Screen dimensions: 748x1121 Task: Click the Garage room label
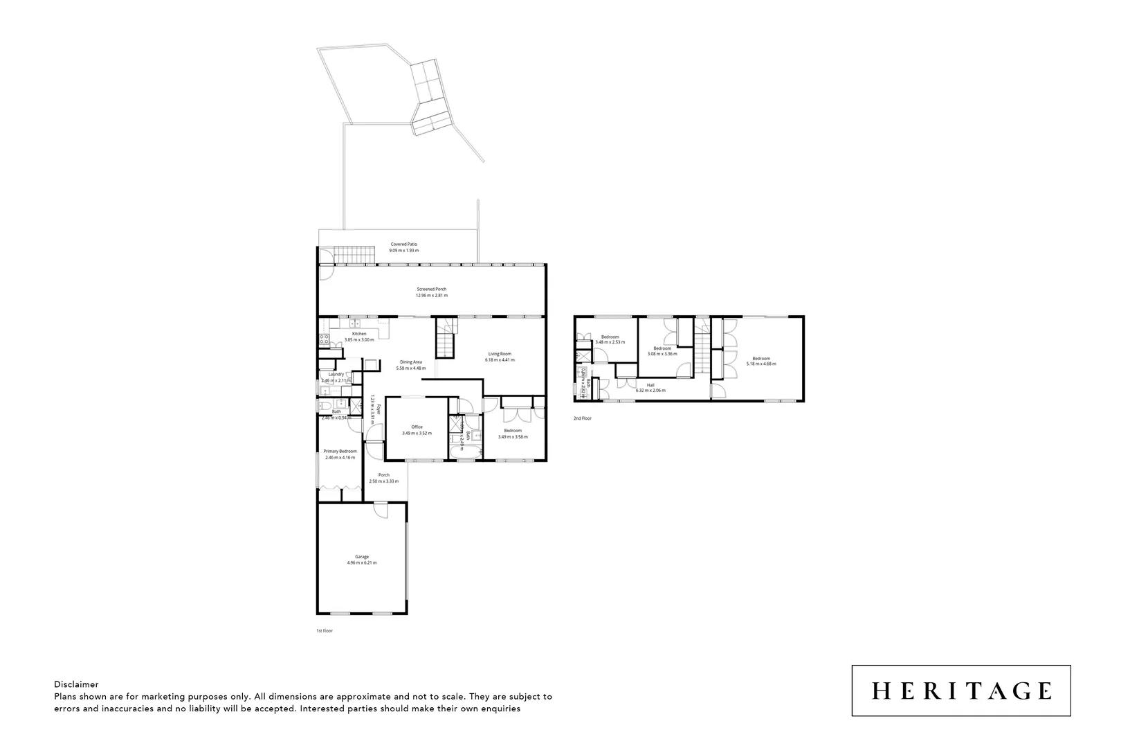tap(362, 556)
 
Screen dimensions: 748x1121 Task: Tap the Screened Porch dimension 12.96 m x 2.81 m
tap(431, 296)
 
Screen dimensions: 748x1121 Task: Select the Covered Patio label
tap(403, 244)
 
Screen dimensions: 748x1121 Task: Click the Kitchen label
tap(358, 334)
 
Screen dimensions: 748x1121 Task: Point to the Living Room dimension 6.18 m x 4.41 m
tap(499, 360)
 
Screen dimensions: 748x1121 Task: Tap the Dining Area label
tap(411, 362)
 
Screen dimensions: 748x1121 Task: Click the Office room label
tap(417, 427)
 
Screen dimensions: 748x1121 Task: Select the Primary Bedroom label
tap(340, 451)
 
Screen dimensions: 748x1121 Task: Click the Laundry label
tap(336, 374)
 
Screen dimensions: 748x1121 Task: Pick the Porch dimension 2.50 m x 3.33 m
tap(383, 481)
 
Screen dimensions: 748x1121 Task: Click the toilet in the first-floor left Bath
tap(325, 406)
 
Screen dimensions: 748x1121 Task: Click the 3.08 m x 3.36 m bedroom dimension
tap(662, 354)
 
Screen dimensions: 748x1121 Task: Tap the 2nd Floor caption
tap(583, 418)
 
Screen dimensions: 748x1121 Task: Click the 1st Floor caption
tap(325, 631)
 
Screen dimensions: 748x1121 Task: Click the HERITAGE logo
tap(960, 691)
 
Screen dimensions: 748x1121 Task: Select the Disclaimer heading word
tap(76, 684)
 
